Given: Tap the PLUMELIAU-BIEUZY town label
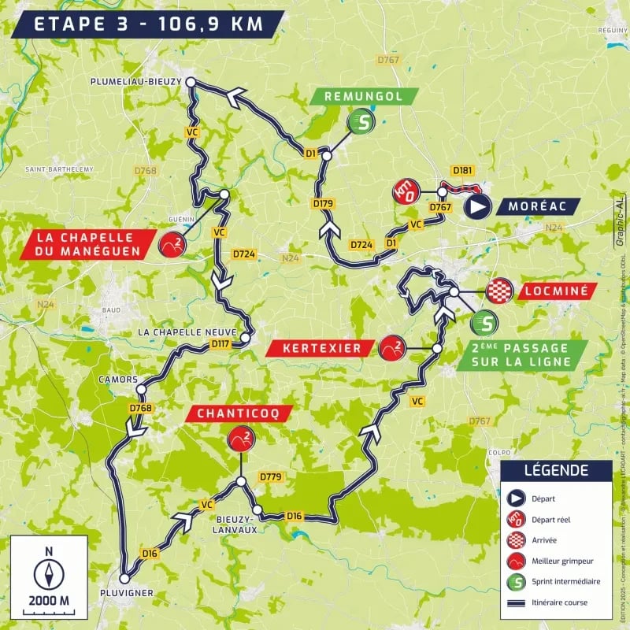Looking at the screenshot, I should point(137,80).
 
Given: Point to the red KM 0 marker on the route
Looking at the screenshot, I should point(405,192).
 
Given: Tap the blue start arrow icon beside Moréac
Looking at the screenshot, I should point(477,206).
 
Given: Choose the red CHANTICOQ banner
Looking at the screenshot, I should point(241,413).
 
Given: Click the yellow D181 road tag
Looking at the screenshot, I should point(462,170).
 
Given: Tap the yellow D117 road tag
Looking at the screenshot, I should point(221,343).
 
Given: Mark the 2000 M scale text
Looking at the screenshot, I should point(49,601).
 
